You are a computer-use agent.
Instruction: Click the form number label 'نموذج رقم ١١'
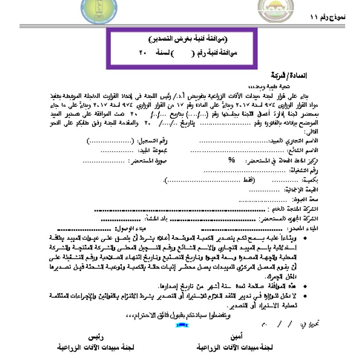tap(328, 17)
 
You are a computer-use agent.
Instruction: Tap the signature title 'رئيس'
tap(90, 336)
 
